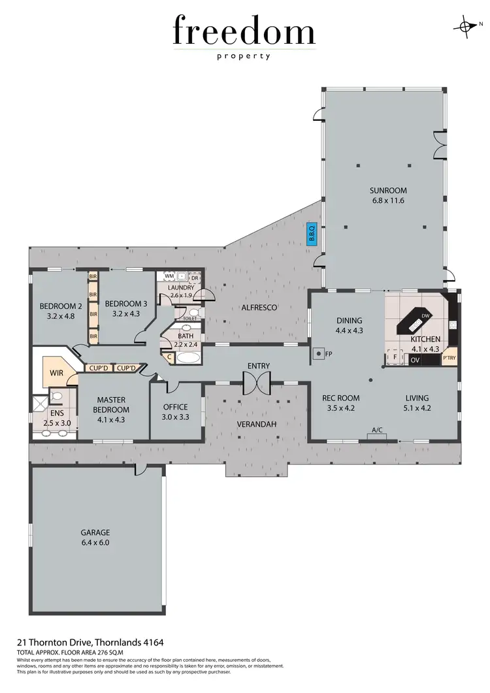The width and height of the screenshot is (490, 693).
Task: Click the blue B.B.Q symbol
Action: click(x=312, y=234)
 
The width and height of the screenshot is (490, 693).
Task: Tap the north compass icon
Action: click(x=466, y=26)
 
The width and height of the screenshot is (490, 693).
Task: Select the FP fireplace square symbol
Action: click(x=318, y=354)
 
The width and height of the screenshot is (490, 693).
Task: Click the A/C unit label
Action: click(x=376, y=430)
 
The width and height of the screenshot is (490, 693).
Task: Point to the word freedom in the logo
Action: click(x=244, y=32)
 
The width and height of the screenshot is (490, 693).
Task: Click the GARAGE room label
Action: click(x=95, y=532)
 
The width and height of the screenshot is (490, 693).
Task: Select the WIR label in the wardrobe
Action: click(x=56, y=374)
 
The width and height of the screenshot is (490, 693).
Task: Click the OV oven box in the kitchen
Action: click(x=397, y=360)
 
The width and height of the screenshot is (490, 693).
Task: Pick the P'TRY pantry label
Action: click(x=449, y=359)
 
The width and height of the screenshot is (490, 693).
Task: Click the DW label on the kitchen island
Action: click(x=425, y=316)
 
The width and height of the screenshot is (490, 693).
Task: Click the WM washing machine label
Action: click(x=169, y=278)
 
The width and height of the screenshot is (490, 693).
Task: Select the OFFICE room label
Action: click(x=176, y=407)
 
